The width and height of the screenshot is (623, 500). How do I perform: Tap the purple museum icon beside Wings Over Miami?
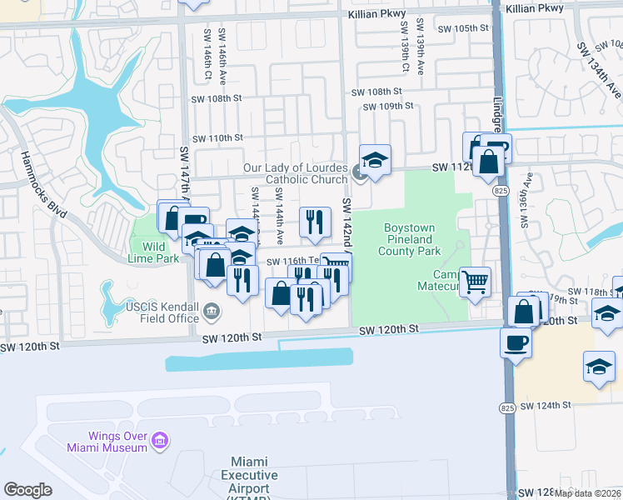160,438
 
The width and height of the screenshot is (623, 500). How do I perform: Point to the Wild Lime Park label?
156,252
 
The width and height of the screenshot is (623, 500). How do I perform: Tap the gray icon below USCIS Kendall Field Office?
212,312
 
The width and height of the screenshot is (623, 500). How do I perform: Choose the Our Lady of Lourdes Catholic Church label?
295,173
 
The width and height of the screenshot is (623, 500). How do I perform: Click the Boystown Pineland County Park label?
411,239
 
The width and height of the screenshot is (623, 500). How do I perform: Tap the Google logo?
27,490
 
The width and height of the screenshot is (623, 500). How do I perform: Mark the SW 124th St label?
546,406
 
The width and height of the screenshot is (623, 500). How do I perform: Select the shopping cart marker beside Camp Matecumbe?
475,282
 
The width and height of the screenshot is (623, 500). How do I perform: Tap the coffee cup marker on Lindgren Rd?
516,342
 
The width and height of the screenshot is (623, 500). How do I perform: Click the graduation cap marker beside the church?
375,159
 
